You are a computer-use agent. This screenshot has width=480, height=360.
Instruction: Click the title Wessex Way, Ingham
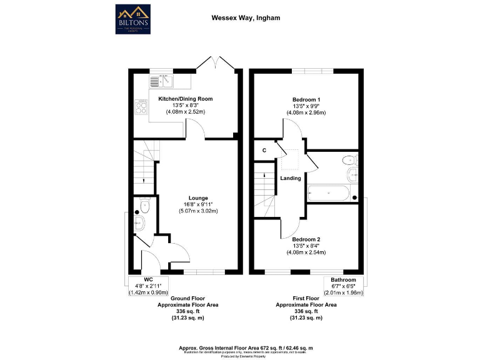pos(239,18)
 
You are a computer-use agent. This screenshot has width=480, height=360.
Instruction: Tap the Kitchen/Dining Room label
pos(186,99)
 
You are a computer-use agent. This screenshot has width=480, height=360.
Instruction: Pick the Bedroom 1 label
pos(306,99)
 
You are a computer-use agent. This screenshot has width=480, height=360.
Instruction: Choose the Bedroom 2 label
pos(306,238)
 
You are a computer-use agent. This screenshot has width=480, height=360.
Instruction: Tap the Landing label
pos(291,178)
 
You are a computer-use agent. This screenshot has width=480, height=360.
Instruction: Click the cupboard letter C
pos(264,150)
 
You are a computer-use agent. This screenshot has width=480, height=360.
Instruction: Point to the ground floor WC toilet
pos(145,204)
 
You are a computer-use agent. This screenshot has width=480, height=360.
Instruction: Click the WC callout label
pos(148,279)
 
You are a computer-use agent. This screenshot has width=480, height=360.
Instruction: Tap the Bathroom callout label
pos(344,279)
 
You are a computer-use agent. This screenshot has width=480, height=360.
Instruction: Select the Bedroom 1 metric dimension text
pos(306,113)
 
